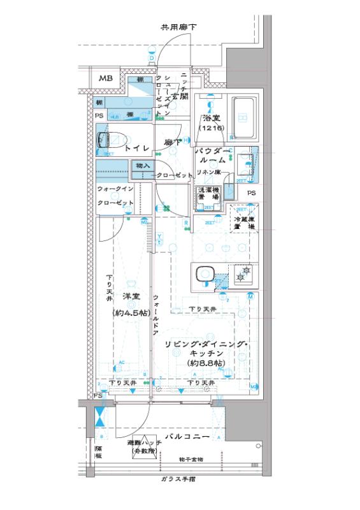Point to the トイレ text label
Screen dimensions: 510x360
pos(136,148)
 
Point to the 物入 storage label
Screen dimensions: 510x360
pos(143,166)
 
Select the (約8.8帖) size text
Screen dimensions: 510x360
pos(201,363)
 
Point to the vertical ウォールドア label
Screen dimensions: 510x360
pos(155,316)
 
